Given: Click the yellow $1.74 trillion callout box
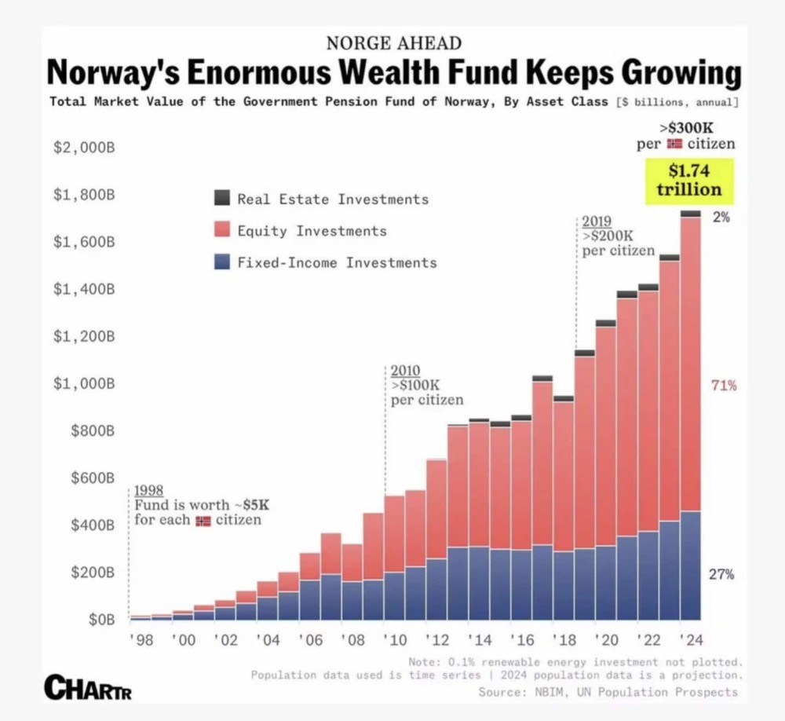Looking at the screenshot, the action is pos(689,181).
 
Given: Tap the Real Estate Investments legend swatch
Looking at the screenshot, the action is pos(222,198).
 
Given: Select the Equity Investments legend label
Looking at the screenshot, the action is pos(312,231).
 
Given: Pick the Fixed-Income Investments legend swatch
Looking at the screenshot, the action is pos(222,262).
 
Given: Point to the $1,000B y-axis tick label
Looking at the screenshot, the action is pos(84,383).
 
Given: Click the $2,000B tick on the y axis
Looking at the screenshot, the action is pos(84,148).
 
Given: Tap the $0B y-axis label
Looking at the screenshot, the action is pos(101,620).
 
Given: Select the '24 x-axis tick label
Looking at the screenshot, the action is pos(691,640).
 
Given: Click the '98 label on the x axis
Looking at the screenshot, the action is pos(141,640).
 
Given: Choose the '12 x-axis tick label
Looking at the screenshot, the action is pos(437,640).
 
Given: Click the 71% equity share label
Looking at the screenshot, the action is pos(724,386).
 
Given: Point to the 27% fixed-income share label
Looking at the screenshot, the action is pos(721,574).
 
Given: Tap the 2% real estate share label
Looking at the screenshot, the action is pos(721,217).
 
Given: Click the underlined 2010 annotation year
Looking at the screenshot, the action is pos(405,370).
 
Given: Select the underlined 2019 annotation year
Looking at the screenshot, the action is pos(597,221).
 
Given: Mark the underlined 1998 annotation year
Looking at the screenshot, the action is pos(148,490).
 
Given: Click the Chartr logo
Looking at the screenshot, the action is pos(88,687).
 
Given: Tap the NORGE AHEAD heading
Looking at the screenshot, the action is pos(394,43).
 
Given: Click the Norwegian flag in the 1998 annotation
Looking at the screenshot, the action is pos(203,521).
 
